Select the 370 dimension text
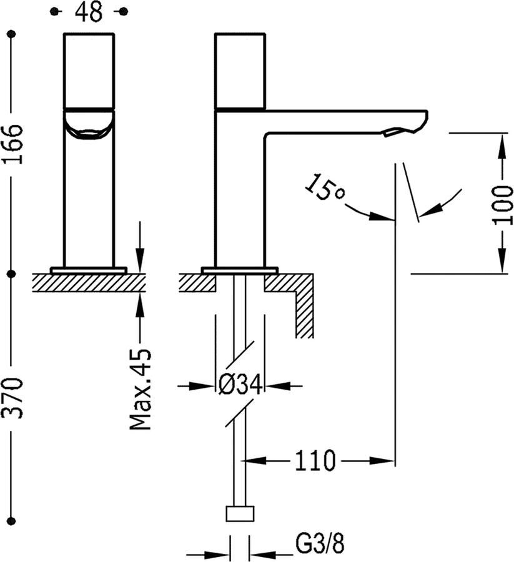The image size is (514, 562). tap(13, 398)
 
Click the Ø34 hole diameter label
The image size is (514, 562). tap(239, 386)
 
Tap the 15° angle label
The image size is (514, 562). tap(325, 188)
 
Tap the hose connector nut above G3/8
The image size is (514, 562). tap(240, 515)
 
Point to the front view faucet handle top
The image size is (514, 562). tap(89, 69)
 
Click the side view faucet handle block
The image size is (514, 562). tap(240, 71)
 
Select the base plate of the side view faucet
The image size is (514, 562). tap(239, 270)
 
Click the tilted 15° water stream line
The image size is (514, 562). tap(412, 191)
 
